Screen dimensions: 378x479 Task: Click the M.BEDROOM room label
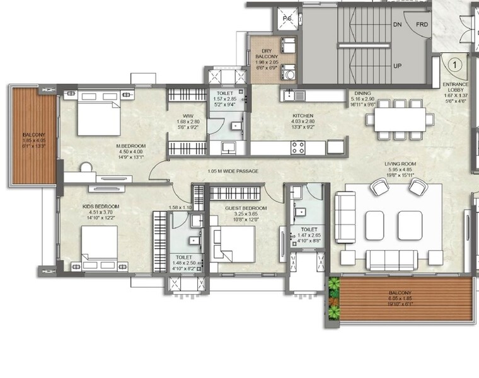(130, 146)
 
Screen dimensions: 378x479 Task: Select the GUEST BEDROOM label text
(246, 208)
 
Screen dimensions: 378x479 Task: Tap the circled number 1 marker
(453, 63)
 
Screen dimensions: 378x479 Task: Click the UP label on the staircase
(398, 66)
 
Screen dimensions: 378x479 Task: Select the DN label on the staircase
(398, 25)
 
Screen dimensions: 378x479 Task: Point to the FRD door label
(422, 25)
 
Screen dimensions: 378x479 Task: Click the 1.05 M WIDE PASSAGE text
(233, 171)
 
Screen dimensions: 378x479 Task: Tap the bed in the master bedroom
(98, 113)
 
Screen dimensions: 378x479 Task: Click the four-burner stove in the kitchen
(298, 147)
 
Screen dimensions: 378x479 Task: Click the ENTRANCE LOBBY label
(456, 88)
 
